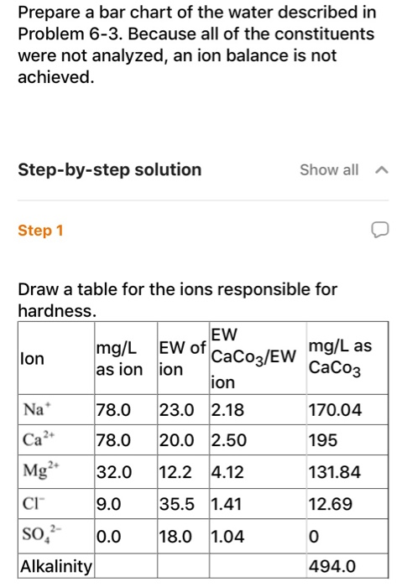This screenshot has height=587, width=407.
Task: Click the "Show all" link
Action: (x=328, y=170)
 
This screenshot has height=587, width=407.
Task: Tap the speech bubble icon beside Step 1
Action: (x=381, y=230)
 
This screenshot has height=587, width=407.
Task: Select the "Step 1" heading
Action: (x=40, y=230)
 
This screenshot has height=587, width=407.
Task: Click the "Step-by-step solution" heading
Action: (x=110, y=170)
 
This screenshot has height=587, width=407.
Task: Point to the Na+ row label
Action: (x=33, y=410)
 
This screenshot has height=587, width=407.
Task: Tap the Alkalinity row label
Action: (x=56, y=566)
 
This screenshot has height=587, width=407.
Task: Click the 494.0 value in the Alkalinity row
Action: (x=332, y=566)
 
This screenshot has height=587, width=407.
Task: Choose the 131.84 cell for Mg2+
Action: (x=335, y=472)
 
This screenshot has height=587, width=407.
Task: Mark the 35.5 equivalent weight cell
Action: (x=176, y=505)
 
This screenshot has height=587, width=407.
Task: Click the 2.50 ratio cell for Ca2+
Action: (x=228, y=441)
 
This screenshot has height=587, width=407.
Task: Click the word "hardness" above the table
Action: (x=57, y=310)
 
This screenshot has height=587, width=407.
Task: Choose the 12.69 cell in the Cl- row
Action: (x=330, y=505)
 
